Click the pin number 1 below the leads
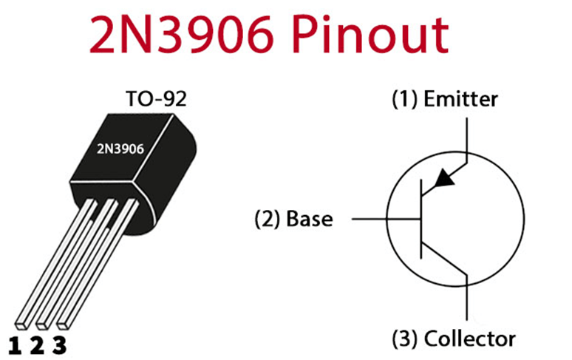pyautogui.click(x=15, y=345)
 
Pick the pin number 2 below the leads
pyautogui.click(x=37, y=345)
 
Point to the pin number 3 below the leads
pyautogui.click(x=60, y=345)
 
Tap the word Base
pyautogui.click(x=309, y=220)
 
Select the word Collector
pyautogui.click(x=469, y=339)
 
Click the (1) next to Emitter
pyautogui.click(x=404, y=99)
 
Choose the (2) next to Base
pyautogui.click(x=268, y=220)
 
